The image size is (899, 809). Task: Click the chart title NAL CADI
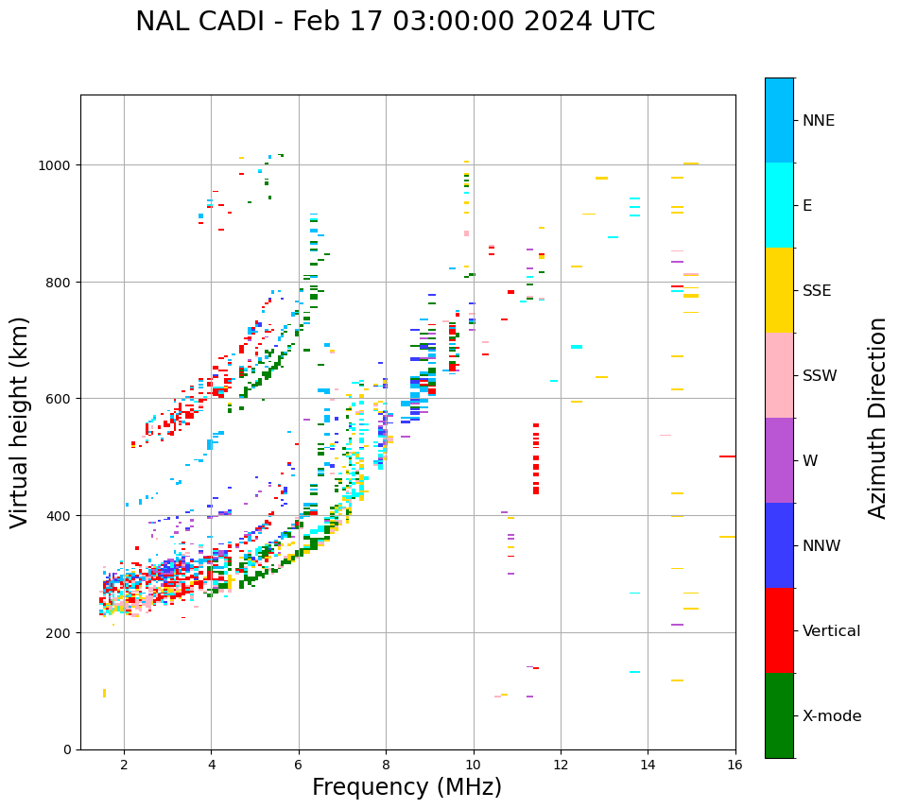pos(394,22)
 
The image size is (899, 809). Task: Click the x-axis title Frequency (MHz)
pos(406,787)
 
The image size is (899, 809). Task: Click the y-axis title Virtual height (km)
pos(20,422)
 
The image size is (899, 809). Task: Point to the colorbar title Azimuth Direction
pos(878,418)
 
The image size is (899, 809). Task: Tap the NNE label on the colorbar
pos(819,120)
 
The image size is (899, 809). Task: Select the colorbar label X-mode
pos(832,715)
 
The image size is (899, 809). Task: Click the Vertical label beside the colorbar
pos(832,630)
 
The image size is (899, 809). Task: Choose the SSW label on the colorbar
pos(820,375)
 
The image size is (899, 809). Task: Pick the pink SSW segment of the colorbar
pos(779,375)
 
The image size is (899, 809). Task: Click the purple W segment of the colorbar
pos(779,460)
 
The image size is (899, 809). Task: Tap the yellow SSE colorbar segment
pos(779,290)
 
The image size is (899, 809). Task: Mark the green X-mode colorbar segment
pos(779,715)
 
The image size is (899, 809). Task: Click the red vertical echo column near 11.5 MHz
pos(536,459)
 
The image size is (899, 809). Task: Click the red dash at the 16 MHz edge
pos(727,456)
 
